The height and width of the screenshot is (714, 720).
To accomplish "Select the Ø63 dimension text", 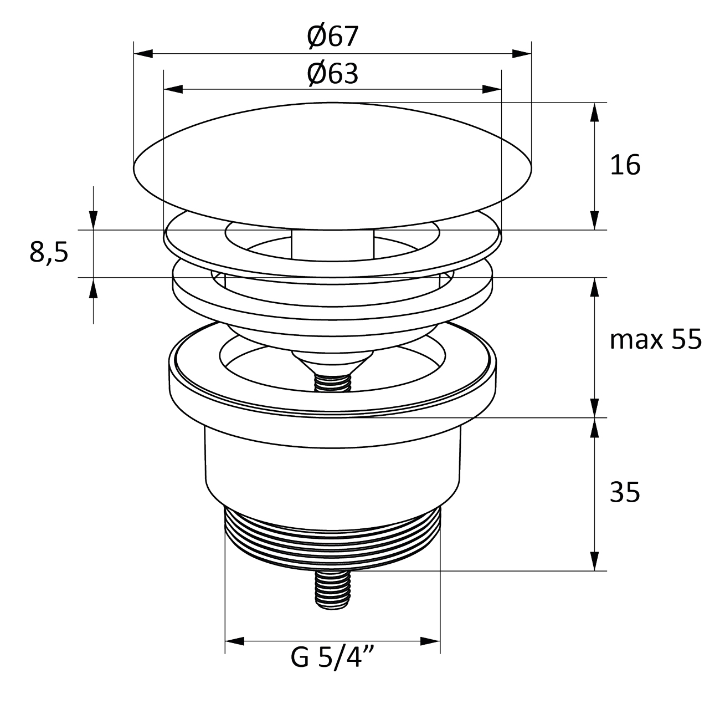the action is click(x=332, y=74).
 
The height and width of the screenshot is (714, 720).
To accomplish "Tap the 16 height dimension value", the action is click(x=625, y=165).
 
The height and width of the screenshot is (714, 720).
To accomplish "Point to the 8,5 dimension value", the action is click(x=49, y=253).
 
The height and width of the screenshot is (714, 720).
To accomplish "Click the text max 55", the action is click(x=656, y=340).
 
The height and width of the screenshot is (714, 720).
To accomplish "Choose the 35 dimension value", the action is click(x=625, y=492).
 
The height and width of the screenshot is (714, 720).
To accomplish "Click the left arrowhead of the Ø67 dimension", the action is click(x=143, y=53).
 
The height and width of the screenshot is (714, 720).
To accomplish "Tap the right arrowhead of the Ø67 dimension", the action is click(x=522, y=53).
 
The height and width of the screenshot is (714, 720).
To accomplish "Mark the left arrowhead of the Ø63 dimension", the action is click(x=173, y=89).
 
